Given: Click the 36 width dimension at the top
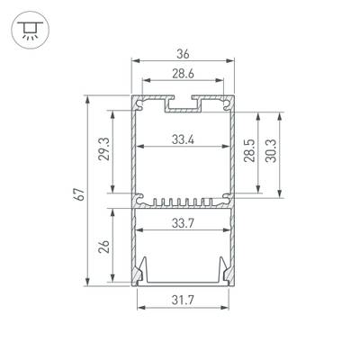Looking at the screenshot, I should tap(184, 53).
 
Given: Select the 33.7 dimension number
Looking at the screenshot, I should tap(184, 223).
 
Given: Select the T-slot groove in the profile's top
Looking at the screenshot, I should tap(184, 105).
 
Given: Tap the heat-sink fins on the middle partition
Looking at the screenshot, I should tap(184, 201).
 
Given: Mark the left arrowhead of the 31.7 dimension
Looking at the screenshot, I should tap(139, 307).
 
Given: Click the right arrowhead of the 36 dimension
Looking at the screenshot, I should tap(234, 62).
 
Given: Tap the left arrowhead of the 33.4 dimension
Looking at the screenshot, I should tap(138, 148).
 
